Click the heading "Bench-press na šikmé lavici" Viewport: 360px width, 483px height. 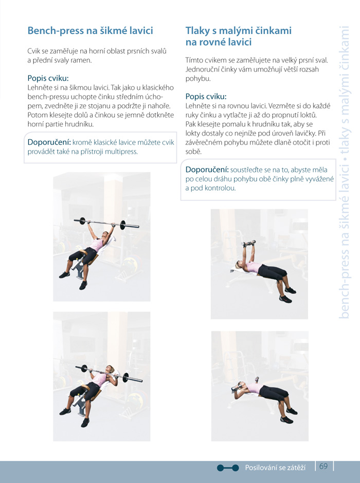[91, 31]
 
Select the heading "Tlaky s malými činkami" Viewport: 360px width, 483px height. [238, 30]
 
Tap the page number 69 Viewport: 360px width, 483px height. [323, 466]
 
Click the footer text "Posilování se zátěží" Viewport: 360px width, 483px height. [275, 468]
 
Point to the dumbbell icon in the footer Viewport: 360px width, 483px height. [228, 468]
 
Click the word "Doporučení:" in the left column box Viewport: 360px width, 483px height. [49, 142]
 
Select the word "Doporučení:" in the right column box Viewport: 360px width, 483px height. [207, 170]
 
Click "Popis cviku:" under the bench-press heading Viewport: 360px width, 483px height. [48, 78]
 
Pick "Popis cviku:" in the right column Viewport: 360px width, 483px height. [206, 97]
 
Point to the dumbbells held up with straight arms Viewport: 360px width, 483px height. [249, 244]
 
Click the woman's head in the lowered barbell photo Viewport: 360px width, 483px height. [110, 369]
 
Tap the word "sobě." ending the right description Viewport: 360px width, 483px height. [193, 152]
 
